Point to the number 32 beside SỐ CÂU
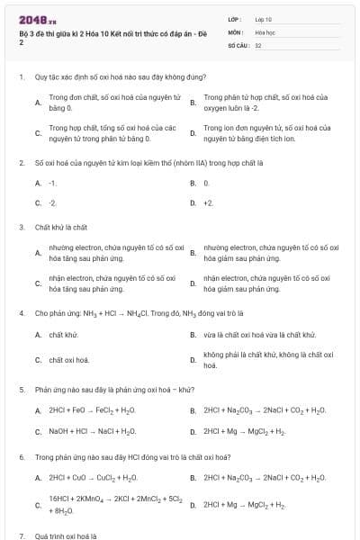click(x=258, y=43)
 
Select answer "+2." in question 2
click(x=208, y=203)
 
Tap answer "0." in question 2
click(x=206, y=183)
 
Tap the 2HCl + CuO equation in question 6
click(x=94, y=478)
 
